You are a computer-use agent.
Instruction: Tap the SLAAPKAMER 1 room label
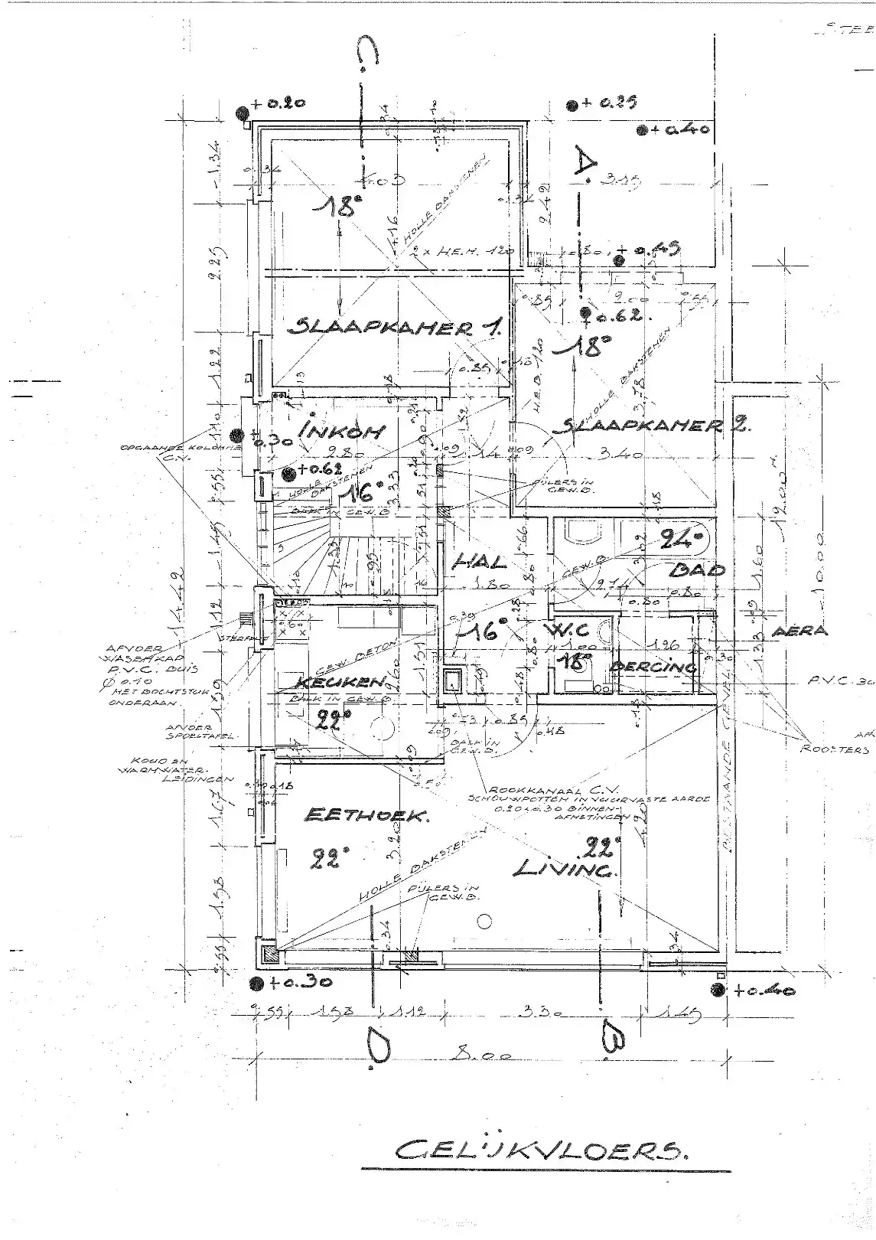pyautogui.click(x=395, y=328)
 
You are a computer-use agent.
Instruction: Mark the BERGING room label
pyautogui.click(x=654, y=667)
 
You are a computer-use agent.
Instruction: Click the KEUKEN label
pyautogui.click(x=331, y=680)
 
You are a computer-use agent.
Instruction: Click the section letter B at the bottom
pyautogui.click(x=615, y=1039)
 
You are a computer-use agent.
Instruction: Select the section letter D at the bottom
pyautogui.click(x=377, y=1045)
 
